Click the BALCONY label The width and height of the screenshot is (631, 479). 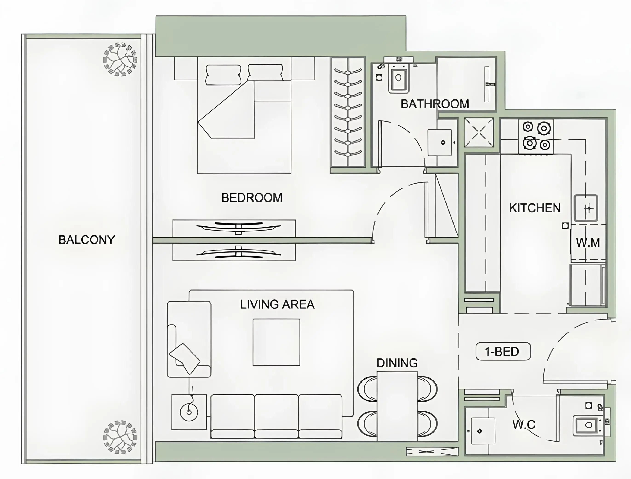coord(86,240)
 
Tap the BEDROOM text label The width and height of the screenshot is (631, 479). coord(252,198)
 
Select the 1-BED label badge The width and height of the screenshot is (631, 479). coord(503,351)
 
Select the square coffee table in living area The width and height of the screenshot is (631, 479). coord(276,342)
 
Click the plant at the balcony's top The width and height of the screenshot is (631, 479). coord(120,60)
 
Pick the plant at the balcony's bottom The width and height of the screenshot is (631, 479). coord(120,437)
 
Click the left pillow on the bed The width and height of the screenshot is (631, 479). coord(223,75)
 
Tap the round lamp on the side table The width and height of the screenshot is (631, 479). coord(189,412)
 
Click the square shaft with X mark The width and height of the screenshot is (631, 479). coord(479,133)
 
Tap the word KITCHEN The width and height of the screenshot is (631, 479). coord(535,208)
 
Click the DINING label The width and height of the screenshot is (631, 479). coord(397,363)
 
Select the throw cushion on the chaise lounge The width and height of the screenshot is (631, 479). coord(185,358)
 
